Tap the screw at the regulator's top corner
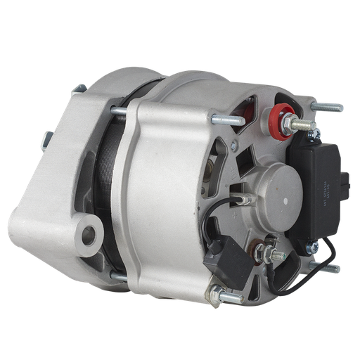pos(316,133)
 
